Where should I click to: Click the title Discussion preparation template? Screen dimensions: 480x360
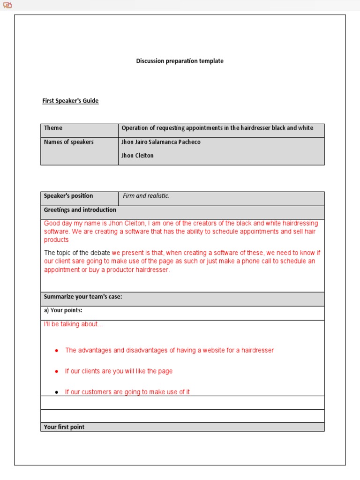click(x=180, y=61)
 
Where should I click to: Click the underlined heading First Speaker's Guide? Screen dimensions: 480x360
click(x=70, y=101)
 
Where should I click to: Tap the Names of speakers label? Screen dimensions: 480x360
click(x=68, y=142)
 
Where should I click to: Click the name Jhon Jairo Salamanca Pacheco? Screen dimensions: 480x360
click(x=161, y=142)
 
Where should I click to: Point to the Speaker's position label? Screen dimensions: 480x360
click(x=68, y=196)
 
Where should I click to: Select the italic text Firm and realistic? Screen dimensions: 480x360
click(x=146, y=196)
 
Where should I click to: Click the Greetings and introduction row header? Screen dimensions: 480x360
click(x=80, y=210)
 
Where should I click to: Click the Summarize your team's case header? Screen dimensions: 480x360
click(x=83, y=297)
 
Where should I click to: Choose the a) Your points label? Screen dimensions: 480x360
click(x=63, y=310)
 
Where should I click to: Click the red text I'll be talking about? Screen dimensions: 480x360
click(x=73, y=324)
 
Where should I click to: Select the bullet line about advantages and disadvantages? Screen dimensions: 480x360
click(x=169, y=350)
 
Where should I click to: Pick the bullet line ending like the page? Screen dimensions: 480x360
click(x=119, y=371)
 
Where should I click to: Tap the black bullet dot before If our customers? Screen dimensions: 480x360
click(x=57, y=392)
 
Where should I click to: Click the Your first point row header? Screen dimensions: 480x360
click(x=64, y=427)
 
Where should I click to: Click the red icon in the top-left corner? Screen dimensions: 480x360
click(x=7, y=5)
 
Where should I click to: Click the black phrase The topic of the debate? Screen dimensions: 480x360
click(x=77, y=253)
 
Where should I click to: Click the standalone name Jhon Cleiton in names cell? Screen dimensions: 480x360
click(x=137, y=156)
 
